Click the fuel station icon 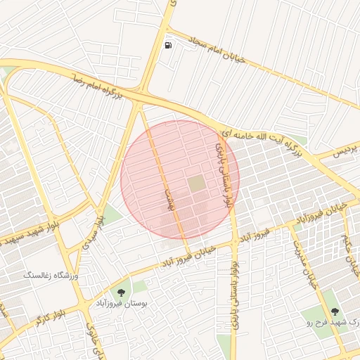pos(168,46)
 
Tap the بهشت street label pos(168,200)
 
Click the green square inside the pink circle pos(197,184)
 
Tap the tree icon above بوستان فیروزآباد pos(124,291)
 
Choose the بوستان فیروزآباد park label pos(124,304)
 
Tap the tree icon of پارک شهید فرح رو pos(333,309)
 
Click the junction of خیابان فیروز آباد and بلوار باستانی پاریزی pos(235,243)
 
